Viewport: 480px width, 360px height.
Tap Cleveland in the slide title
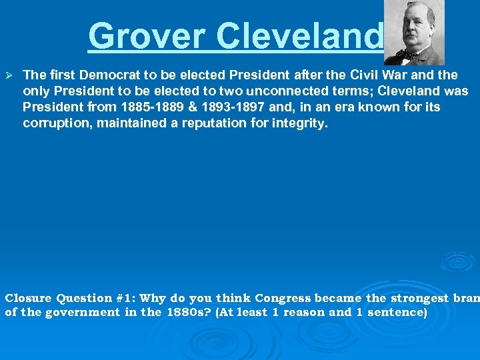[x=301, y=36]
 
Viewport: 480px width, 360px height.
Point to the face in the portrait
[x=414, y=26]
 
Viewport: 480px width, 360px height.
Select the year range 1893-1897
[x=213, y=107]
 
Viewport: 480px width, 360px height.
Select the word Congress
[x=283, y=298]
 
